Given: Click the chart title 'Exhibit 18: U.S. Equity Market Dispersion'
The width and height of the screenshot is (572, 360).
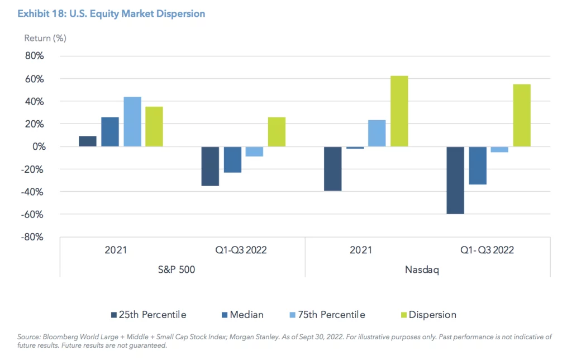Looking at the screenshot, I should (x=112, y=13).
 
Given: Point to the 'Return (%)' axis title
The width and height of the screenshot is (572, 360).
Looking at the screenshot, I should (x=45, y=39).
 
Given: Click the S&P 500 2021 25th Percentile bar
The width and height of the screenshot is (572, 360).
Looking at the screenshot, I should (x=88, y=141).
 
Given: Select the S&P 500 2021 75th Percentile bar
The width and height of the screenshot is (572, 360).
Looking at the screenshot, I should (x=132, y=122).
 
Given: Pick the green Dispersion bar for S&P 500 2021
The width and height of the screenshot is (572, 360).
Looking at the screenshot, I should (x=154, y=127).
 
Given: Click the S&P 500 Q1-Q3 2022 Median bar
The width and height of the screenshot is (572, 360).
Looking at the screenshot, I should (x=232, y=159).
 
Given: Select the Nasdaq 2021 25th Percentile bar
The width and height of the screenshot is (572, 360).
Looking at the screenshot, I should (x=333, y=169).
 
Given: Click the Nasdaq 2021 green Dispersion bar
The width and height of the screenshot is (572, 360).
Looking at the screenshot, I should (x=399, y=111).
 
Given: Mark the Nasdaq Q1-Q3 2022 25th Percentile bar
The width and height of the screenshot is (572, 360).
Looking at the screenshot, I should (x=455, y=180).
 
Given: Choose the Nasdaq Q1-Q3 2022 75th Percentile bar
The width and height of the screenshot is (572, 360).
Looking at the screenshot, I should (x=499, y=149).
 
